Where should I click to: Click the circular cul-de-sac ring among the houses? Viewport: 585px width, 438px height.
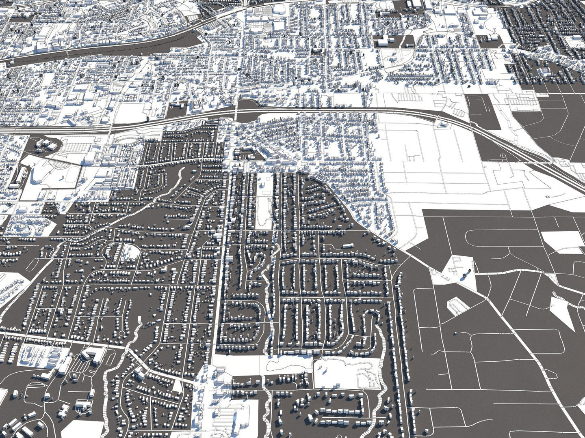(121, 333)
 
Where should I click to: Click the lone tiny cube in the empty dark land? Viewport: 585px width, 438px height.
(455, 333)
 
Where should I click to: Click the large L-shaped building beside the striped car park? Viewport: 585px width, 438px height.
(93, 354)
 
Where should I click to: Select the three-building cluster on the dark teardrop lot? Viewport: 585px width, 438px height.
(45, 144)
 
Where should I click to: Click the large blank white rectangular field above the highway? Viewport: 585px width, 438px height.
(128, 112)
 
